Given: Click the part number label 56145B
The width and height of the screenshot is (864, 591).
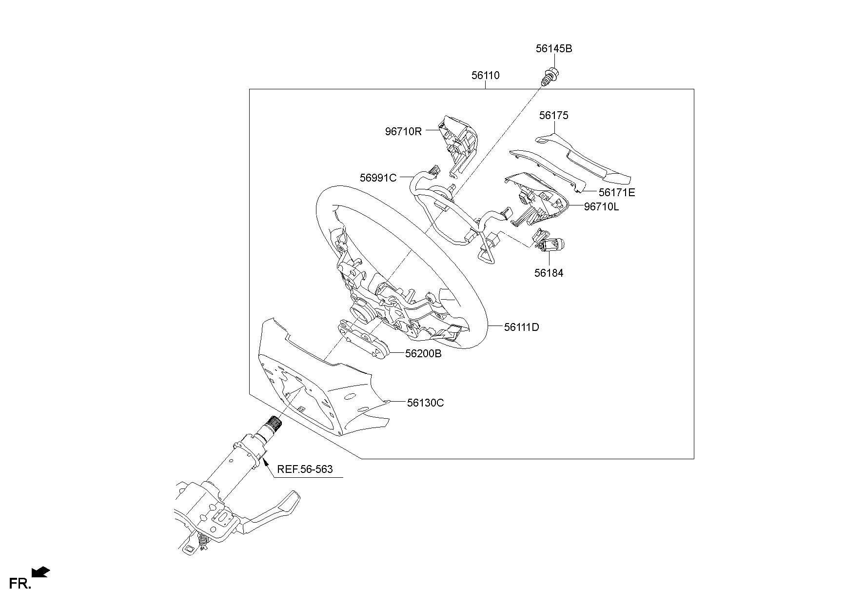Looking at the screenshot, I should [553, 49].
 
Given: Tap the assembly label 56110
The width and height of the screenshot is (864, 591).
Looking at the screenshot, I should [485, 76].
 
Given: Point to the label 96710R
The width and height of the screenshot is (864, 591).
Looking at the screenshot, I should [403, 131].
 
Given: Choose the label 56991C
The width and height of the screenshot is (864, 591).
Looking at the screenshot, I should [378, 178].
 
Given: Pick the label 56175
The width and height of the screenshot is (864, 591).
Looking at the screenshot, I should [553, 116].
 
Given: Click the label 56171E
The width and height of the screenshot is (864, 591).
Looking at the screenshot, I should [617, 193].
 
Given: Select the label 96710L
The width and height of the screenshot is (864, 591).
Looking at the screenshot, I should [601, 207].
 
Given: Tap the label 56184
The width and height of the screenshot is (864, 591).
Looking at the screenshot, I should [549, 273].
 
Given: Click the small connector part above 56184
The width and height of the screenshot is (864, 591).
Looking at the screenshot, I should [549, 241].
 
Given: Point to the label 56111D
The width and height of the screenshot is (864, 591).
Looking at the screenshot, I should [522, 327].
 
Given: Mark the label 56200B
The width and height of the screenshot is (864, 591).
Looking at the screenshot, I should [423, 354].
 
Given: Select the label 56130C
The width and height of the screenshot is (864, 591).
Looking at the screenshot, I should [425, 403].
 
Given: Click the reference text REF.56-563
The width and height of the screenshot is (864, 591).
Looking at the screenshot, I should [305, 469].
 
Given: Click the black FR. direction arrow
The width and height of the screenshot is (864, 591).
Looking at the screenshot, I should [40, 571].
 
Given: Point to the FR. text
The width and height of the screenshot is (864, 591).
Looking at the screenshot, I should [20, 583].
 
